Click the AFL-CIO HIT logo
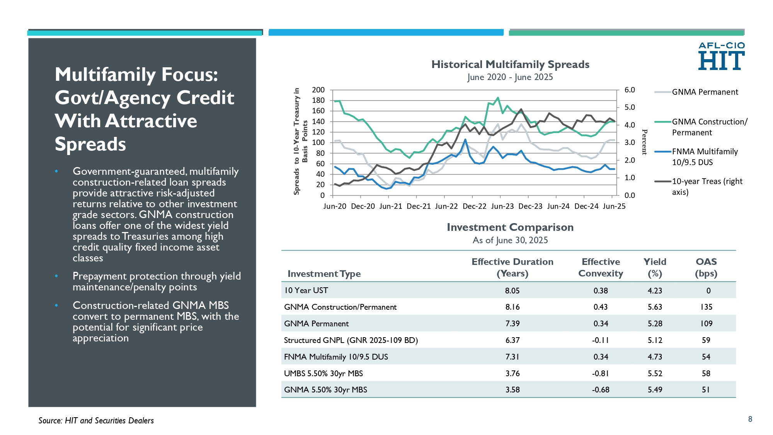tap(721, 56)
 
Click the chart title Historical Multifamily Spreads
tap(510, 64)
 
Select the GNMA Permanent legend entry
tap(696, 92)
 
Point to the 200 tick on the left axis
tap(318, 90)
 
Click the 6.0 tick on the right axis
tap(630, 90)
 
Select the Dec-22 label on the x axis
tap(474, 206)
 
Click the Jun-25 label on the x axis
tap(614, 206)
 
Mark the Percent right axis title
tap(644, 142)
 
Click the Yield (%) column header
tap(655, 268)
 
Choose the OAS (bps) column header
tap(706, 268)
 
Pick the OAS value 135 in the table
tap(706, 307)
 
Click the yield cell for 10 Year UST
tap(655, 291)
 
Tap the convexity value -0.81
tap(601, 374)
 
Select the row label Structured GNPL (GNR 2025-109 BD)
tap(351, 340)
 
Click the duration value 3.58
tap(512, 390)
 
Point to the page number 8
tap(750, 419)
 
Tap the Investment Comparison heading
tap(510, 227)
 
